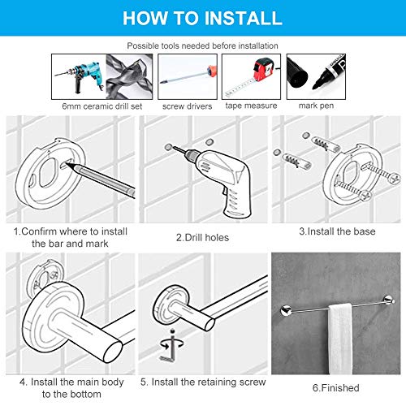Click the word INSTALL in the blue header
point(243,18)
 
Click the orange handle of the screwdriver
point(212,71)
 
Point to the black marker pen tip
point(316,86)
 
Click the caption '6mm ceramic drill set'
point(102,106)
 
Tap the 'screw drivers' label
point(187,106)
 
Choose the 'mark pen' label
point(316,106)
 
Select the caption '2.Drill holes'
point(202,238)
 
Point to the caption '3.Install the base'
point(337,231)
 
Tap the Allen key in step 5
point(170,352)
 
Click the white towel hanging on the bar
point(340,339)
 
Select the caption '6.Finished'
point(336,388)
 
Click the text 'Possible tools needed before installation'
point(202,45)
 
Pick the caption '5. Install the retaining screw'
point(203,382)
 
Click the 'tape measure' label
point(251,106)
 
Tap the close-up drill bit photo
point(129,77)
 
